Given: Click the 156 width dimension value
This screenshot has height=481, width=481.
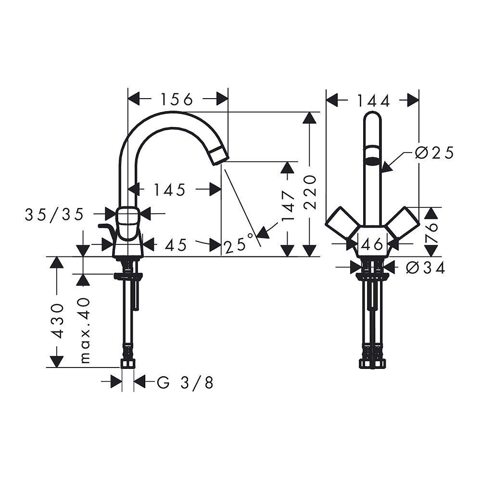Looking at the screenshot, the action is coord(177,100).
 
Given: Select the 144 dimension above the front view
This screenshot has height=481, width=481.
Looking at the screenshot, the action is coord(373,101).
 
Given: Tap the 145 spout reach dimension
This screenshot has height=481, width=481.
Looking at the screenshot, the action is coord(169,190).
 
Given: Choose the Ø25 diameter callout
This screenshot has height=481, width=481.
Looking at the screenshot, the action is coord(434,152).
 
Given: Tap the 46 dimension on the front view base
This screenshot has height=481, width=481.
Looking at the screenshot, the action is coord(372,244).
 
